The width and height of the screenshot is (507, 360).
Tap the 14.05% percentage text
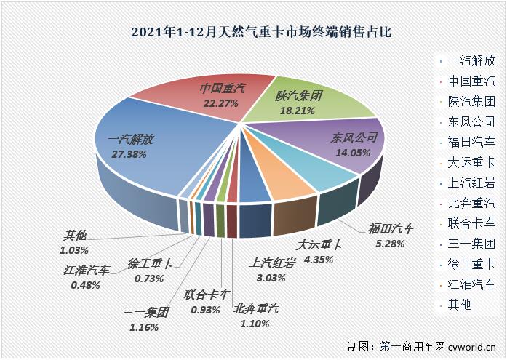pyautogui.click(x=352, y=153)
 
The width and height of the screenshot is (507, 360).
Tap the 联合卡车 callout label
pyautogui.click(x=207, y=295)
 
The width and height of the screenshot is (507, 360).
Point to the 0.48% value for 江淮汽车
pyautogui.click(x=85, y=285)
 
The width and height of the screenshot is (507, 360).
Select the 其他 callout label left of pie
pyautogui.click(x=75, y=236)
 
